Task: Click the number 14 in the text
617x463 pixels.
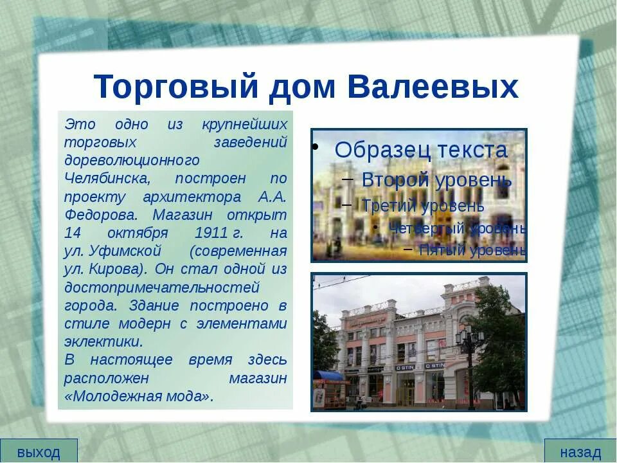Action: pos(73,232)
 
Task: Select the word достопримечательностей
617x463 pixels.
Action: pos(162,287)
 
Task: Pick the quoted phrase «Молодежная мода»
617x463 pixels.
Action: pos(139,395)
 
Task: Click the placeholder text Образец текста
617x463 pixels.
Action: pos(421,150)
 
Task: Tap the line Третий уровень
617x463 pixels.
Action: pos(423,206)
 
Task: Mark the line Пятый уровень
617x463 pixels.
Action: pos(472,250)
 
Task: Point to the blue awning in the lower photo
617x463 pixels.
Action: pos(328,376)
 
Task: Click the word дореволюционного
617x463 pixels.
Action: pos(132,160)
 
